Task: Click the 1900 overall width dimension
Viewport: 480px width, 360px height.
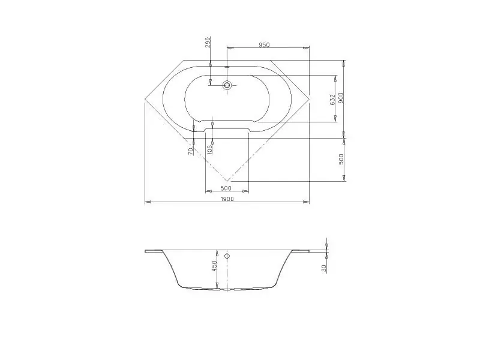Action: pos(227,199)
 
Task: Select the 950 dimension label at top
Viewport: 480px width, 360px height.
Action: pos(264,45)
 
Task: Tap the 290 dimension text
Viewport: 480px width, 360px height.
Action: pos(208,42)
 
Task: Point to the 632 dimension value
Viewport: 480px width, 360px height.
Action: pos(333,100)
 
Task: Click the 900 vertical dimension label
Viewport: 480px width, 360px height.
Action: pos(341,98)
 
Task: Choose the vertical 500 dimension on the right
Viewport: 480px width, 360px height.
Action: pos(341,159)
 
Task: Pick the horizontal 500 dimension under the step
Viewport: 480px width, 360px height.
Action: pos(226,188)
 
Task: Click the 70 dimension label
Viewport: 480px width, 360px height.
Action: pos(191,151)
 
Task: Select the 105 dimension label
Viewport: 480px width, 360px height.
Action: pos(210,149)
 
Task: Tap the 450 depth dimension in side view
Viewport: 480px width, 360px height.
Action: pos(214,265)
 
